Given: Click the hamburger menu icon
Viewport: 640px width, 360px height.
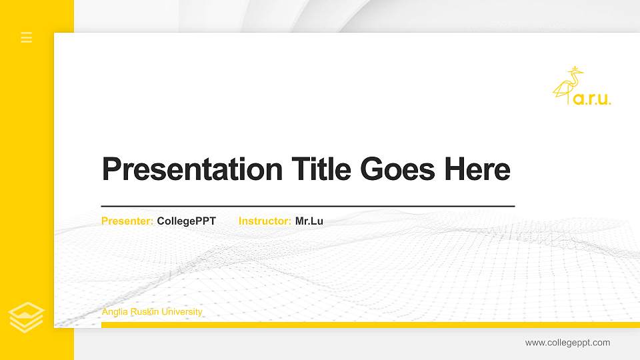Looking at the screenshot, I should pos(27,37).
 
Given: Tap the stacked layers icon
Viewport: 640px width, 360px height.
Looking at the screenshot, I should pos(27,317).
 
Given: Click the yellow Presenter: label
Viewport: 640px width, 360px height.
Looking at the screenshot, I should pos(127,221).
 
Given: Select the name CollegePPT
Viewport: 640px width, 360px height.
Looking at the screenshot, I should pos(187,221).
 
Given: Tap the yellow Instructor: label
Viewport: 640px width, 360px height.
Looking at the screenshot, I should pos(265,221).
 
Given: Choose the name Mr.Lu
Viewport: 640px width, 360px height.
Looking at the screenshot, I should pos(309,221).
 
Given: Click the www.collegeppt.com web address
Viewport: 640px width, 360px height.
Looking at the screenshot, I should pos(567,343).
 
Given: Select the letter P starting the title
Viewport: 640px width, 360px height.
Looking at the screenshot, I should pos(110,169).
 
